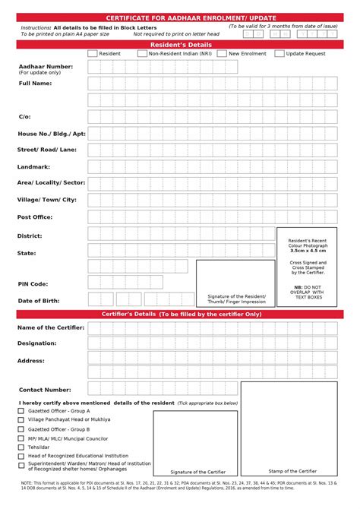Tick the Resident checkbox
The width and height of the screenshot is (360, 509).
click(x=93, y=54)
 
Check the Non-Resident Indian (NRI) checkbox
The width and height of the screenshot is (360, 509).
click(x=142, y=54)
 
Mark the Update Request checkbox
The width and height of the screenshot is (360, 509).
click(x=279, y=54)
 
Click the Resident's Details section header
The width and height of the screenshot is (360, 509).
click(x=180, y=45)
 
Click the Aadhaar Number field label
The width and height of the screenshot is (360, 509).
click(x=46, y=67)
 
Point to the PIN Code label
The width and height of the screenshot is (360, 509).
click(x=33, y=283)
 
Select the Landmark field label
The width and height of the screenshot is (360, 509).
click(x=34, y=166)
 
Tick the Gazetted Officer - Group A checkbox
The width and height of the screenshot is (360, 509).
click(x=21, y=411)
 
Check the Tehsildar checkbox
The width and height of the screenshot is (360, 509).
click(x=21, y=447)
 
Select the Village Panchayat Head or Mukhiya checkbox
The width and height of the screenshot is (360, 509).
click(x=21, y=419)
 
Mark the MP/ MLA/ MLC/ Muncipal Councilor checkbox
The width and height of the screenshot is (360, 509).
click(x=21, y=438)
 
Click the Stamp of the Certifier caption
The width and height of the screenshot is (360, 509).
click(x=292, y=472)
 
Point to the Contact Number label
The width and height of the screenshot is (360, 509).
click(x=45, y=390)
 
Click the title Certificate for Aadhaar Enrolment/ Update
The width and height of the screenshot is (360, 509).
click(x=180, y=17)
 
